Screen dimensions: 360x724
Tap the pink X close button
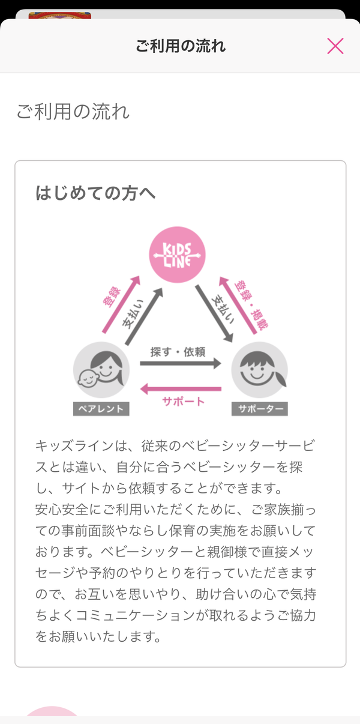tap(335, 46)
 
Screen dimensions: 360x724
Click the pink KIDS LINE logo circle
tap(177, 255)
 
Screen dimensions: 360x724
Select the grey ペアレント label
tap(101, 409)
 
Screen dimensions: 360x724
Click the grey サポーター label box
tap(259, 409)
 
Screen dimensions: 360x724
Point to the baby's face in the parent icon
tap(88, 378)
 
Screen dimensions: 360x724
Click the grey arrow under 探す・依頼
tap(181, 363)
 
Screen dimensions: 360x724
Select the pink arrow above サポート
tap(181, 389)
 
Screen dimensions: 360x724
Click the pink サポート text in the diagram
tap(183, 402)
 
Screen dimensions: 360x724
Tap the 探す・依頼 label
tap(178, 352)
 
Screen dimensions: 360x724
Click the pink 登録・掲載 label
tap(252, 305)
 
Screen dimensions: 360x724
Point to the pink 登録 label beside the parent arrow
tap(112, 297)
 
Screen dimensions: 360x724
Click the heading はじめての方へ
tap(95, 193)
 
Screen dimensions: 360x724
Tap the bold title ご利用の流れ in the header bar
tap(181, 46)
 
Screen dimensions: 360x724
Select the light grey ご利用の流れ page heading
tap(73, 112)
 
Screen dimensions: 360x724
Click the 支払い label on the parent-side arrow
tap(133, 314)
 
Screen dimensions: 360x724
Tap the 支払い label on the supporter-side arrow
tap(223, 309)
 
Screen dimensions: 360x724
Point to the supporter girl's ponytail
tap(281, 377)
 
